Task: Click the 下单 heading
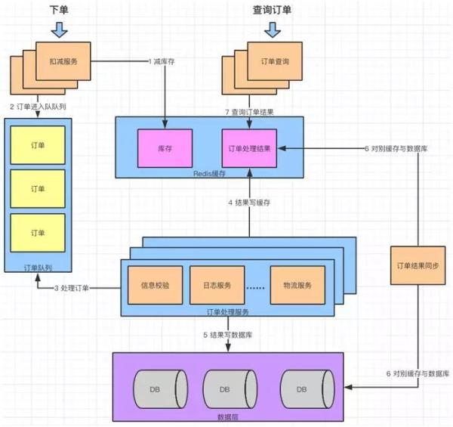pyautogui.click(x=59, y=10)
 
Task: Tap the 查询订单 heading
pyautogui.click(x=272, y=10)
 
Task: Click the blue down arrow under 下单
pyautogui.click(x=59, y=29)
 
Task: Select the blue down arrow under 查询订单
pyautogui.click(x=273, y=29)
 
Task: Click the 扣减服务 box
pyautogui.click(x=63, y=61)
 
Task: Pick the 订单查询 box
pyautogui.click(x=275, y=61)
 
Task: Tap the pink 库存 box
pyautogui.click(x=165, y=148)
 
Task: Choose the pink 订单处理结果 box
pyautogui.click(x=249, y=148)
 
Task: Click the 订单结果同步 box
pyautogui.click(x=418, y=265)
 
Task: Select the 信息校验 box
pyautogui.click(x=155, y=285)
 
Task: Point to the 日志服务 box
pyautogui.click(x=217, y=285)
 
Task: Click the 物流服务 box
pyautogui.click(x=297, y=285)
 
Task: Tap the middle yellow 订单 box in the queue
pyautogui.click(x=38, y=188)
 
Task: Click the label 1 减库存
pyautogui.click(x=162, y=61)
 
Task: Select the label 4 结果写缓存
pyautogui.click(x=249, y=203)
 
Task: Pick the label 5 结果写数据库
pyautogui.click(x=228, y=335)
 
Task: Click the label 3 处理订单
pyautogui.click(x=72, y=288)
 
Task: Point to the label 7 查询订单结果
pyautogui.click(x=249, y=112)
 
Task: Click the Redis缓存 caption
pyautogui.click(x=209, y=174)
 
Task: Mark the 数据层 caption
pyautogui.click(x=228, y=417)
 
